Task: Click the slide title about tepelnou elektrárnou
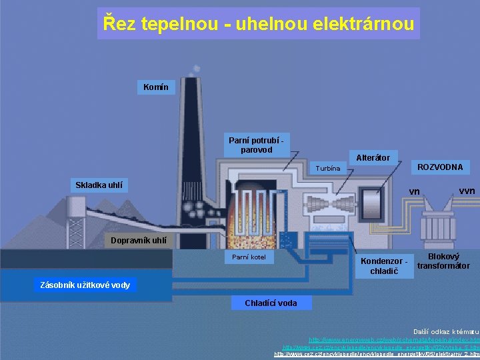(259, 23)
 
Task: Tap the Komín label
(155, 87)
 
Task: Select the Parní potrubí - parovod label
(256, 145)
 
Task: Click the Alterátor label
(373, 158)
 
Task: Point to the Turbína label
(328, 168)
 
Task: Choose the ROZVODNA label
(439, 166)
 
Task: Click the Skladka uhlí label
(99, 185)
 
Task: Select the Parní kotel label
(249, 257)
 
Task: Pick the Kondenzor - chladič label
(383, 265)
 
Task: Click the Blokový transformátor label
(443, 261)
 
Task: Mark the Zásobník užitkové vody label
(85, 285)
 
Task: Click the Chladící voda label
(271, 303)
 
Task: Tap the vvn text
(467, 191)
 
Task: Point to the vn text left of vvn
(414, 192)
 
